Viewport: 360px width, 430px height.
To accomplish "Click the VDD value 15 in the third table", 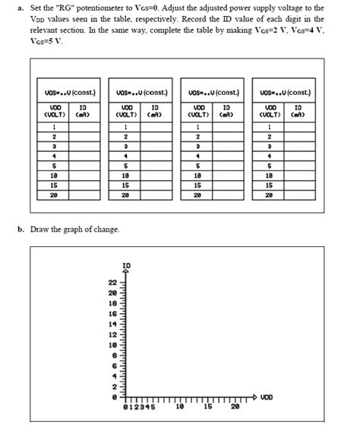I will tap(197, 184).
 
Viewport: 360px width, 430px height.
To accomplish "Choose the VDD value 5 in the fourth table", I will tap(270, 164).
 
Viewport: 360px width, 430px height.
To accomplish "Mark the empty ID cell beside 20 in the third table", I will tap(227, 194).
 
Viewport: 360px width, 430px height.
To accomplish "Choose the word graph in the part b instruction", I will tap(75, 229).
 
